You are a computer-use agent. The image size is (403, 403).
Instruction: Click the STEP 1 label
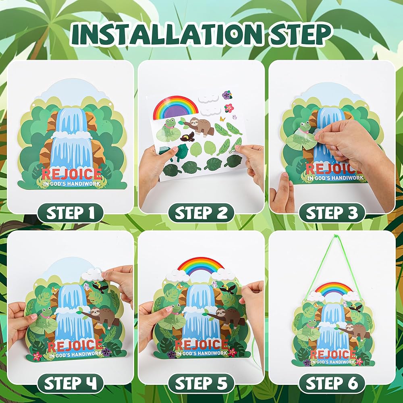(x=70, y=213)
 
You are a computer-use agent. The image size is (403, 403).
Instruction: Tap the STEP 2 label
(x=201, y=213)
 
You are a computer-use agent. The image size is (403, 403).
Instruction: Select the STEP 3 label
(x=332, y=213)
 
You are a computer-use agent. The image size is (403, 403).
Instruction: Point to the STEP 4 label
(x=70, y=383)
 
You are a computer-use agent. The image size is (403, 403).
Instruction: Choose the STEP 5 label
(x=201, y=383)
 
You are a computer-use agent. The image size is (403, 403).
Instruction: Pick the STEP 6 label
(x=332, y=383)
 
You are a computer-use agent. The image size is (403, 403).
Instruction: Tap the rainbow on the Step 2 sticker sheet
(x=176, y=107)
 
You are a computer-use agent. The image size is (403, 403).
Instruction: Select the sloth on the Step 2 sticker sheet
(x=200, y=127)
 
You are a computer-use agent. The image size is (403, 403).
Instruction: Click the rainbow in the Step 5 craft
(x=200, y=266)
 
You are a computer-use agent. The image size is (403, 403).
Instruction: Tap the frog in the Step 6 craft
(x=308, y=330)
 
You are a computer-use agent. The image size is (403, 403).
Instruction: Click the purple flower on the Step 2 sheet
(x=227, y=95)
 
